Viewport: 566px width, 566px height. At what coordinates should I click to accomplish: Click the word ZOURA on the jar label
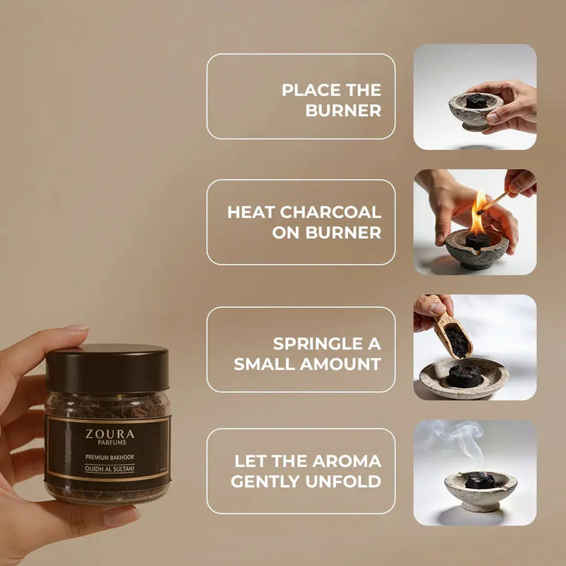click(110, 434)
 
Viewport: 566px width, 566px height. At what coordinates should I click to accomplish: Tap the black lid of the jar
click(108, 368)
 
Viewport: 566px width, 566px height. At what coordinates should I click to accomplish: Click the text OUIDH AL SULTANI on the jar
click(110, 469)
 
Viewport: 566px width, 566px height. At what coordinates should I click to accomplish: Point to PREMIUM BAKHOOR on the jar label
click(110, 457)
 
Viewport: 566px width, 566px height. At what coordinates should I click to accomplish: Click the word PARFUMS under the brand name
click(112, 442)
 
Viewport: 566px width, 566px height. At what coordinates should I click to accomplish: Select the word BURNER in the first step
click(343, 110)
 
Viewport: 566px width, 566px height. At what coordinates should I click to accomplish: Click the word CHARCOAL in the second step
click(330, 212)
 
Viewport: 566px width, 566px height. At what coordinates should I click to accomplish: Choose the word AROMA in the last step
click(347, 461)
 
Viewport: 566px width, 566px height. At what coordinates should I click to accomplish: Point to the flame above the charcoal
click(479, 213)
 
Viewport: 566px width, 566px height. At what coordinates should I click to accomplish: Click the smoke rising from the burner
click(456, 440)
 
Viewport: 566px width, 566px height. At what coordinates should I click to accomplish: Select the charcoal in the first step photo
click(476, 101)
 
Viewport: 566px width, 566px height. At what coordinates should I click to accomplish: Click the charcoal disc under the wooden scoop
click(464, 376)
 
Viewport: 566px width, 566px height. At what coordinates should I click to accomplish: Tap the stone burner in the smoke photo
click(480, 491)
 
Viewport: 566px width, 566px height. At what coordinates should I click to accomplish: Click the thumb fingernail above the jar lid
click(76, 328)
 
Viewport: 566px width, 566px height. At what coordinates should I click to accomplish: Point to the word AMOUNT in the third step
click(340, 364)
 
